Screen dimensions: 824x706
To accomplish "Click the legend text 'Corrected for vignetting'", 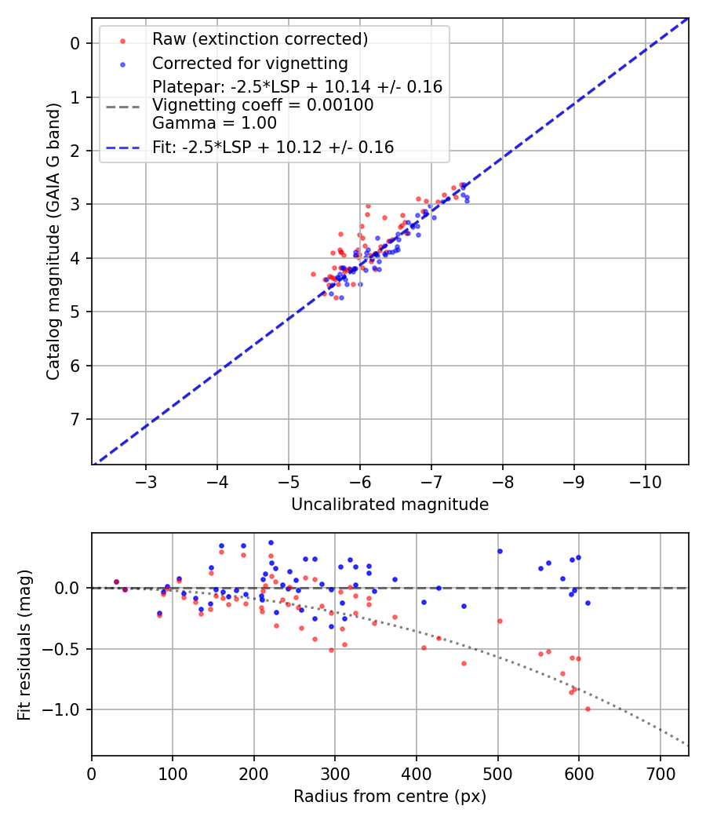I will [250, 63].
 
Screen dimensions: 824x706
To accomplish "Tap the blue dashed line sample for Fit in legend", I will [122, 147].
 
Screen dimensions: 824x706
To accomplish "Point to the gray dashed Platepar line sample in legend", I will [122, 105].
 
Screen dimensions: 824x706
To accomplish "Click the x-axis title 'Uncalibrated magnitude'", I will [390, 505].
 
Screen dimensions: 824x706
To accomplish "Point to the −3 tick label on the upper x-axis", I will [145, 481].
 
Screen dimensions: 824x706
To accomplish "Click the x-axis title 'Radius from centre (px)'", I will [390, 797].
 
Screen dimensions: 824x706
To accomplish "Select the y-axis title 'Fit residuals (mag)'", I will [24, 644].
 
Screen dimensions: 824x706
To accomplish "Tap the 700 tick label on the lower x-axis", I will [660, 773].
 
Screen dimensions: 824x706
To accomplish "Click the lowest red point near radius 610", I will [588, 709].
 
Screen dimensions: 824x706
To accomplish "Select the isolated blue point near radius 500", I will [499, 551].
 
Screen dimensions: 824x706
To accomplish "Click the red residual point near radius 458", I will [464, 663].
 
